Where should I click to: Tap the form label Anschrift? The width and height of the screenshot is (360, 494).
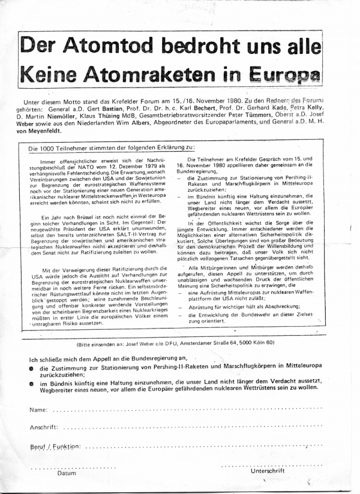pos(44,427)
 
